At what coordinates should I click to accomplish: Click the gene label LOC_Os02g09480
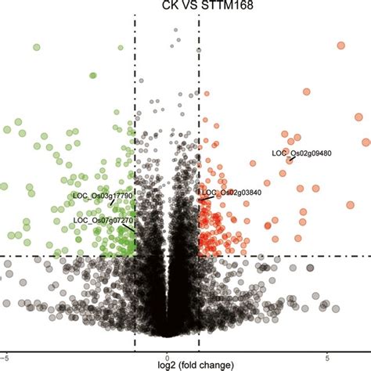[301, 153]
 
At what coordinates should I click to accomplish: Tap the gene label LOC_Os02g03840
[232, 192]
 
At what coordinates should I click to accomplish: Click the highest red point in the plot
[340, 45]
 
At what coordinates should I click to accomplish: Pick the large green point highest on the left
[36, 48]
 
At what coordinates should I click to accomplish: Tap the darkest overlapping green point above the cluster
[92, 75]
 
